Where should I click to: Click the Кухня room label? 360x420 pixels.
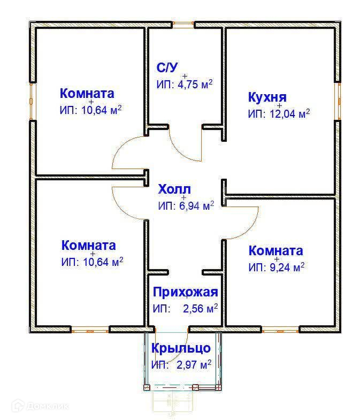pyautogui.click(x=267, y=97)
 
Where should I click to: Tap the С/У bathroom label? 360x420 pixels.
pyautogui.click(x=166, y=67)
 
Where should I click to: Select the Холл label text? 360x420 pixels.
pyautogui.click(x=174, y=189)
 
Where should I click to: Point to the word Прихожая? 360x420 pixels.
pyautogui.click(x=185, y=292)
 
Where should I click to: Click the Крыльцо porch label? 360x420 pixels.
pyautogui.click(x=181, y=348)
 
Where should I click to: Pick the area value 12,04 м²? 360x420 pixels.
pyautogui.click(x=288, y=113)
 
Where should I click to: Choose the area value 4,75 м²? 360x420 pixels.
pyautogui.click(x=192, y=85)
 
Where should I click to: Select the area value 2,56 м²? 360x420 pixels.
pyautogui.click(x=199, y=308)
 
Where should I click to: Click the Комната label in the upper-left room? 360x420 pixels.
pyautogui.click(x=87, y=94)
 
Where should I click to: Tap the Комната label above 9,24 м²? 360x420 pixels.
pyautogui.click(x=276, y=251)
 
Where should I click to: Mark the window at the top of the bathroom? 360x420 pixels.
pyautogui.click(x=183, y=24)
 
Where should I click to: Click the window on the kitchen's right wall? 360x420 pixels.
pyautogui.click(x=338, y=101)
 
